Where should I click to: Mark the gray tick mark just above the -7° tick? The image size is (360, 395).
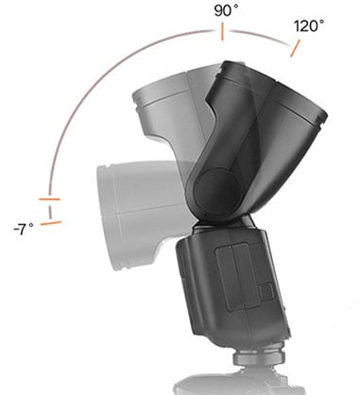(49, 199)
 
